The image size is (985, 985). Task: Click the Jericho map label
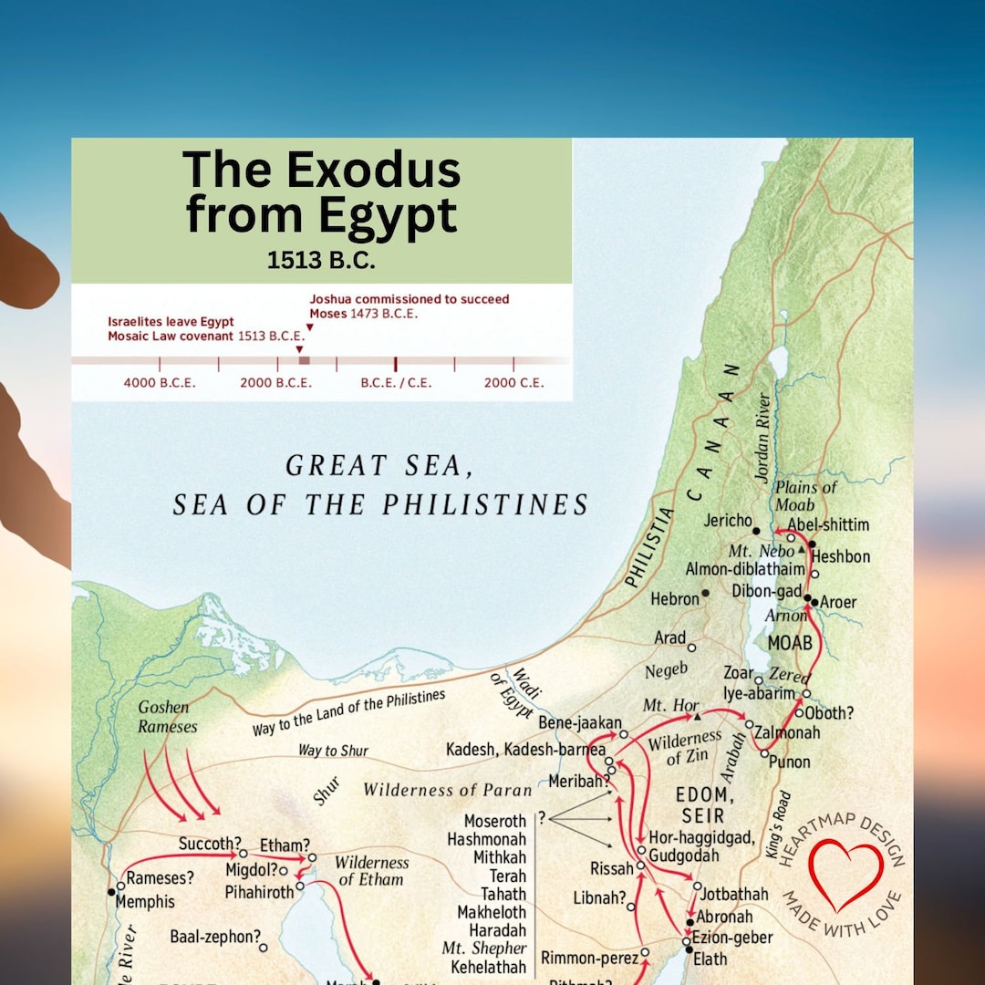coord(728,521)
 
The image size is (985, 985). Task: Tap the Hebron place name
coord(675,599)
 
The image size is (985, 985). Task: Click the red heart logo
coord(846,876)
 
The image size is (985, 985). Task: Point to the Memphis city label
coord(146,902)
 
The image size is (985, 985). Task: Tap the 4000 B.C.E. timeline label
coord(160,383)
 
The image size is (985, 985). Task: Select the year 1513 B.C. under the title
coord(321,260)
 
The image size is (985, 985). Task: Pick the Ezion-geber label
coord(734,937)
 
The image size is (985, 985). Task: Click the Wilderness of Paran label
coord(446,789)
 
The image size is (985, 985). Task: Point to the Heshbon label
coord(840,556)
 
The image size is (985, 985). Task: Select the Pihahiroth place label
coord(260,891)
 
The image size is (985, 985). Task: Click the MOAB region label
coord(789,643)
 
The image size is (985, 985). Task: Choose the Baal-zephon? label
coord(215,936)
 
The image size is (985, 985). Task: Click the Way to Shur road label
coord(333,751)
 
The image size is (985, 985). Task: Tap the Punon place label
coord(790,762)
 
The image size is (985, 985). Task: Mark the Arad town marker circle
coord(691,648)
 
